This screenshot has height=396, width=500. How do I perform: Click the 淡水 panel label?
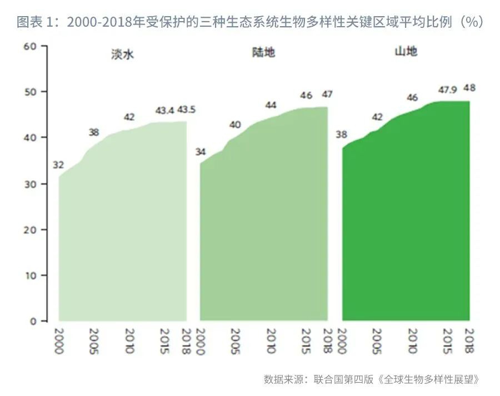123,55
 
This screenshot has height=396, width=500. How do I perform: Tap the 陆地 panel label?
263,53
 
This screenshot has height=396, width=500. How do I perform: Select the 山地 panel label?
406,52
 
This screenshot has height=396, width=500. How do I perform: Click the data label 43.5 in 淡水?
186,110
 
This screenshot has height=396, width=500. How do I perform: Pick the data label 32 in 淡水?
59,165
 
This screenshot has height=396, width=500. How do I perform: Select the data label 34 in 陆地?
201,152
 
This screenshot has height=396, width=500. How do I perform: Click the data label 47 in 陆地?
327,94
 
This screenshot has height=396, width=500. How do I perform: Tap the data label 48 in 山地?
469,88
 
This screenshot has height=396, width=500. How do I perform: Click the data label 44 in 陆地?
271,105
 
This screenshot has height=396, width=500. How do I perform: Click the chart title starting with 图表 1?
250,22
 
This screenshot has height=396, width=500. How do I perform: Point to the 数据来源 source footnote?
371,379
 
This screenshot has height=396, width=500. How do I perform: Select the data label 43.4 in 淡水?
165,111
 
